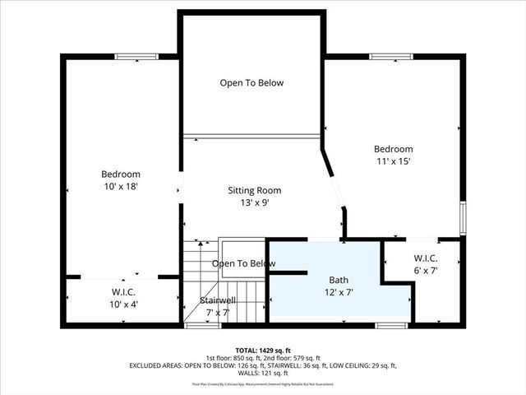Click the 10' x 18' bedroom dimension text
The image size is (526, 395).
coord(120,187)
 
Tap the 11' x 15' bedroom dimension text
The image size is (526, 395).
coord(393,161)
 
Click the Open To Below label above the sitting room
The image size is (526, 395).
coord(251,83)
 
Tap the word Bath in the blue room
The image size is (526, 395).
coord(339,280)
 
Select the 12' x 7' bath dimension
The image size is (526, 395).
coord(339,292)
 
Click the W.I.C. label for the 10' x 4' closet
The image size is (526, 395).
coord(123,292)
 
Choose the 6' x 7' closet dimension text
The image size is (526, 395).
coord(425,271)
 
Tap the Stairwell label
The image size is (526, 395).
coord(218,300)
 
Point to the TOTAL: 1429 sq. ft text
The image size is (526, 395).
coord(263,351)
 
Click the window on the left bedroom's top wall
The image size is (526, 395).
coord(136,57)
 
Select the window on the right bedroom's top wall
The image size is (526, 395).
coord(391,57)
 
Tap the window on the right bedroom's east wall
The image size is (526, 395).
coord(463,219)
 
